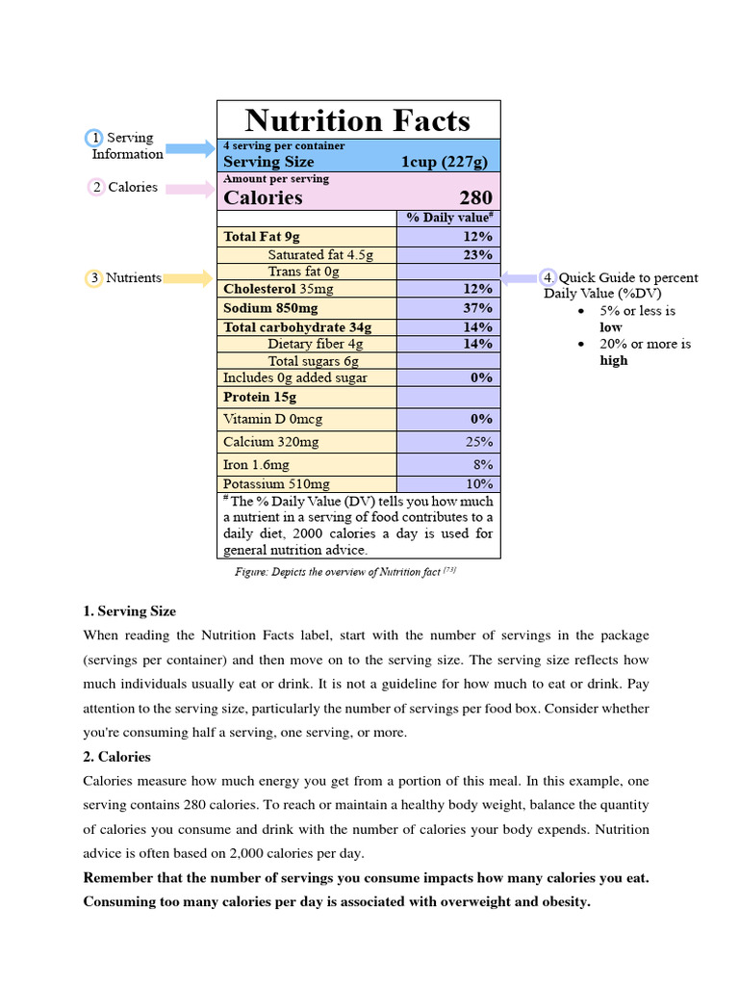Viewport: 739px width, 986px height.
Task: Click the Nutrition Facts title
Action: pyautogui.click(x=357, y=120)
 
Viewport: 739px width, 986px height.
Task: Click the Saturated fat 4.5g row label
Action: pyautogui.click(x=319, y=255)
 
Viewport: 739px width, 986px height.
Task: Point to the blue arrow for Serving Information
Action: pyautogui.click(x=191, y=148)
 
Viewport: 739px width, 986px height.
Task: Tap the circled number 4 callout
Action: pyautogui.click(x=548, y=278)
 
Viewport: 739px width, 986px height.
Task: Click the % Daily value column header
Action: pyautogui.click(x=449, y=218)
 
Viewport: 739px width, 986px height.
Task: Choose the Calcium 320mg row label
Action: pyautogui.click(x=270, y=442)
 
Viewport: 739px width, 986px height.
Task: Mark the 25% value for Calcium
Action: pyautogui.click(x=478, y=442)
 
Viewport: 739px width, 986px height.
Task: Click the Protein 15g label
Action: pyautogui.click(x=260, y=397)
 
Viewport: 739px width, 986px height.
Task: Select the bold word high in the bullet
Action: pyautogui.click(x=613, y=360)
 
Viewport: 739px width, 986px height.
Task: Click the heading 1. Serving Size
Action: pyautogui.click(x=130, y=611)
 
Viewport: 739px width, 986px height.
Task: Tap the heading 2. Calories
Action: pyautogui.click(x=117, y=757)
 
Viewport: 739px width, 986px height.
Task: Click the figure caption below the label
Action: pyautogui.click(x=344, y=572)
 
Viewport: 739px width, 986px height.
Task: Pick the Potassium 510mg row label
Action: pyautogui.click(x=276, y=484)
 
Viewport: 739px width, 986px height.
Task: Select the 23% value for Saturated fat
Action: pyautogui.click(x=477, y=255)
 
